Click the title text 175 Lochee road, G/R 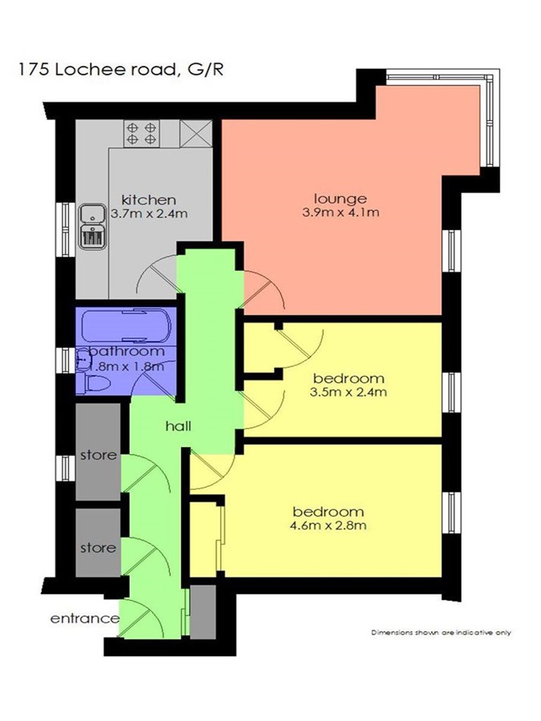coord(121,70)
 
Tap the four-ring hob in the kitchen coord(141,133)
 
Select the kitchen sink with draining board coord(92,226)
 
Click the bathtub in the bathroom coord(126,326)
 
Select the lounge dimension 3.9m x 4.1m coord(341,212)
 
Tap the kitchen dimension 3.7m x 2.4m coord(150,214)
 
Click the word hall coord(178,426)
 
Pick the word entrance coord(85,618)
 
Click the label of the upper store coord(99,455)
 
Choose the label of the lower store coord(99,548)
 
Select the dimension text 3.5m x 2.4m coord(349,393)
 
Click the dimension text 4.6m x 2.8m coord(328,526)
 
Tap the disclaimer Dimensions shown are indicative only coord(441,633)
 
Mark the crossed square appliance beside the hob coord(196,133)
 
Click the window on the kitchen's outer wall coord(66,229)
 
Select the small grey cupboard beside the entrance coord(203,611)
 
